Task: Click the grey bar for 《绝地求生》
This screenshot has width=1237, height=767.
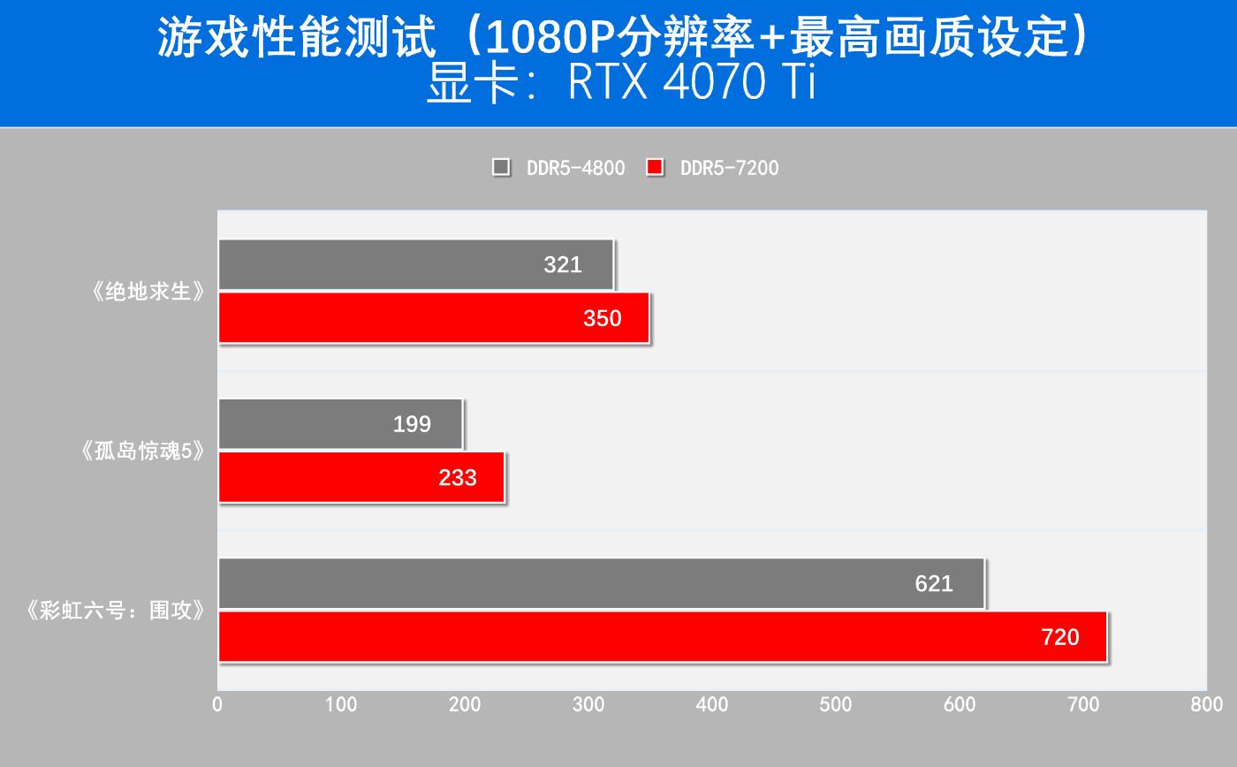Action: point(415,264)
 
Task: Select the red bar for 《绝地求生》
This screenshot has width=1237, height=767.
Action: point(433,318)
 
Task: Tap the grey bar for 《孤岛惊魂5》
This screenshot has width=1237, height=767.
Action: point(340,424)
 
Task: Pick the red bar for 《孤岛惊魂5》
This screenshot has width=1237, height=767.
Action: point(360,477)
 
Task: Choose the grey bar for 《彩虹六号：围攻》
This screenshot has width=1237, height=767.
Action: point(601,583)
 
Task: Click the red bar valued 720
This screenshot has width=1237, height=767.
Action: point(663,636)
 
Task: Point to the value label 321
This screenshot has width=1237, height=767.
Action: point(563,264)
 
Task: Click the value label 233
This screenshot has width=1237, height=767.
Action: point(458,478)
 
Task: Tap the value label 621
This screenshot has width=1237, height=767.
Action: point(934,583)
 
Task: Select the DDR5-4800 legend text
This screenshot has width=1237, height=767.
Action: point(575,168)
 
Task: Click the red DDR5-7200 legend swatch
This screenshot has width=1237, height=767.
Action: point(655,167)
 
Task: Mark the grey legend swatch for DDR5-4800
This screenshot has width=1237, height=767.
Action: point(501,167)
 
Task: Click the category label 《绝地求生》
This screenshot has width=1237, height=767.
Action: point(148,292)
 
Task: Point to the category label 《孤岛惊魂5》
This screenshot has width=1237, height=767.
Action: point(141,452)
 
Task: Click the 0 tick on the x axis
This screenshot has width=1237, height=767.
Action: point(217,704)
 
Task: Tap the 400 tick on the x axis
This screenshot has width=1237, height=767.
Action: point(712,704)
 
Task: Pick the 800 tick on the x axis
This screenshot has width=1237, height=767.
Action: point(1206,704)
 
